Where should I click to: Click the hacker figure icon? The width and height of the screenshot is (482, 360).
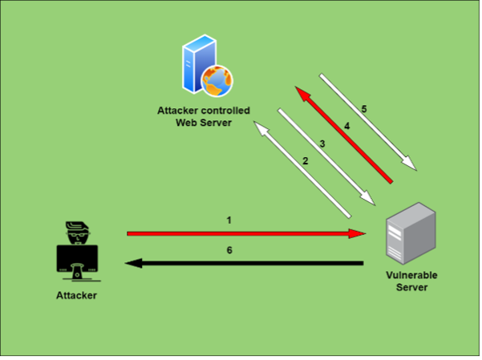click(77, 252)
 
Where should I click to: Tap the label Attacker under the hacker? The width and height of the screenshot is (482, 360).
click(76, 295)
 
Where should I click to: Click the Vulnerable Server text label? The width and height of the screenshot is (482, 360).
click(411, 281)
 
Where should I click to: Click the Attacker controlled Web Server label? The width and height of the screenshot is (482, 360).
click(204, 116)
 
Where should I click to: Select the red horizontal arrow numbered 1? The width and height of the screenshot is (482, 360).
click(241, 233)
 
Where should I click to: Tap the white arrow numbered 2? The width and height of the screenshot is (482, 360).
click(302, 169)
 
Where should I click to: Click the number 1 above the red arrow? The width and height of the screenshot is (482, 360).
click(229, 220)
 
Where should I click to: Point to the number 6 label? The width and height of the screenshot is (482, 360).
click(229, 250)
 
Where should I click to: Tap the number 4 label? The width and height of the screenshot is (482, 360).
click(346, 126)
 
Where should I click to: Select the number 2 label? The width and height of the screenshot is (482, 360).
click(306, 160)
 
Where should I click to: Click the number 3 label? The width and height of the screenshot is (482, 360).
click(322, 144)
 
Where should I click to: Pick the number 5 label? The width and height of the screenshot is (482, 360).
click(363, 108)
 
